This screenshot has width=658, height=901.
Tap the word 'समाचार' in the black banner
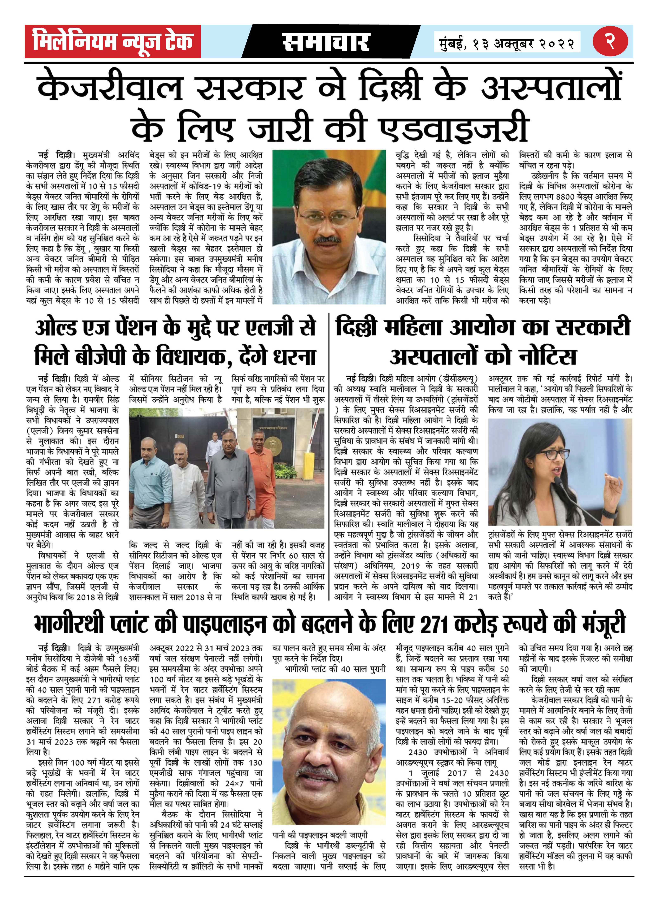326,42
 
